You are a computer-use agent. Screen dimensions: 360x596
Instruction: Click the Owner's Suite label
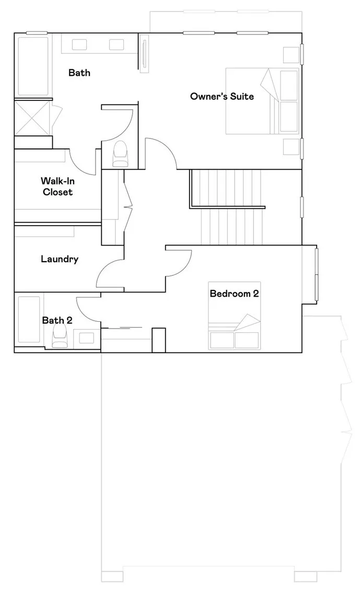222,96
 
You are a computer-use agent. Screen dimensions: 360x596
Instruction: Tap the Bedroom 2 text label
234,294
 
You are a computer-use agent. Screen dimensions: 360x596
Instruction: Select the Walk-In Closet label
58,186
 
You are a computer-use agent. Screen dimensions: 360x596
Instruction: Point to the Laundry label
60,259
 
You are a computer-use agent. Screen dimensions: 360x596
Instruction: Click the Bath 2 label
57,320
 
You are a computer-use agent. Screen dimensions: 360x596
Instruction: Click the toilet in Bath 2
59,336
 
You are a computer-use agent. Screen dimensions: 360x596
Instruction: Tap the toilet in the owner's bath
121,154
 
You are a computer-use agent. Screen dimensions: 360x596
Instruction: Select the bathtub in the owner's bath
33,66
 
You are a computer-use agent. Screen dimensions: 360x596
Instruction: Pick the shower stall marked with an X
32,117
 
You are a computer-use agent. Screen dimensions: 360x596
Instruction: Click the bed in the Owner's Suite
262,101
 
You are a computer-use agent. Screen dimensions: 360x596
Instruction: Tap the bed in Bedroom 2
235,315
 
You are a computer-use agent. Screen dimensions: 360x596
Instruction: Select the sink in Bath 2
87,338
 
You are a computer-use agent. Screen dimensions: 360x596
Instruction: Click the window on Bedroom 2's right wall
316,274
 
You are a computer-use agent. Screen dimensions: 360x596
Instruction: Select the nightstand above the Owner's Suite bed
292,55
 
